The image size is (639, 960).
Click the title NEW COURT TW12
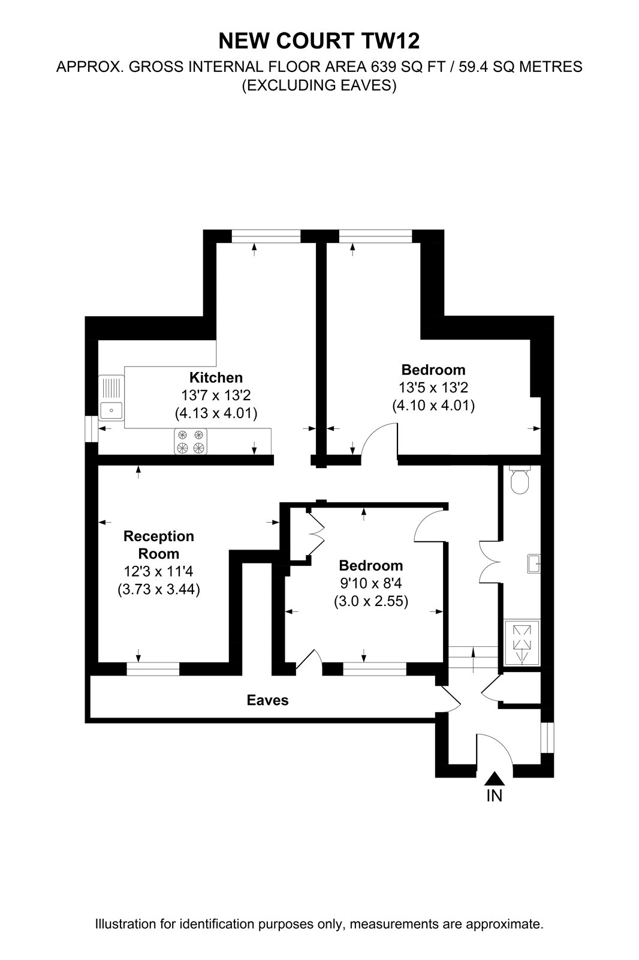tap(319, 41)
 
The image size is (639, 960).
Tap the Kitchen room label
tap(216, 377)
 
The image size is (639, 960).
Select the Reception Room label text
tap(158, 545)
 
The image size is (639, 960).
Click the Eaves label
tap(268, 700)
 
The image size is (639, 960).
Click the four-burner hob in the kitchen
tap(191, 442)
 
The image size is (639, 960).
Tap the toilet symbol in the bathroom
tap(520, 480)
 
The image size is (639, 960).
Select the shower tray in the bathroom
tap(522, 643)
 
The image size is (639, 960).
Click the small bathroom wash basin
tap(533, 564)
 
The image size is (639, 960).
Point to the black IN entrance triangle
tap(495, 778)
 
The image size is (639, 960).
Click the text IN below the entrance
tap(495, 796)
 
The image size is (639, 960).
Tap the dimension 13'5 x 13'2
tap(433, 388)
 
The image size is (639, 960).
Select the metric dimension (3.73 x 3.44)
tap(159, 589)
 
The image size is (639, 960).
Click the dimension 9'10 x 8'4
tap(371, 583)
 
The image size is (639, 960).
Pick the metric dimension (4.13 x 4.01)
tap(216, 413)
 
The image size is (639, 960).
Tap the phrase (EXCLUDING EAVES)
tap(319, 86)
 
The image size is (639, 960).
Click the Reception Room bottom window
tap(153, 669)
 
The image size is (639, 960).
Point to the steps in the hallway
tap(473, 658)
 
